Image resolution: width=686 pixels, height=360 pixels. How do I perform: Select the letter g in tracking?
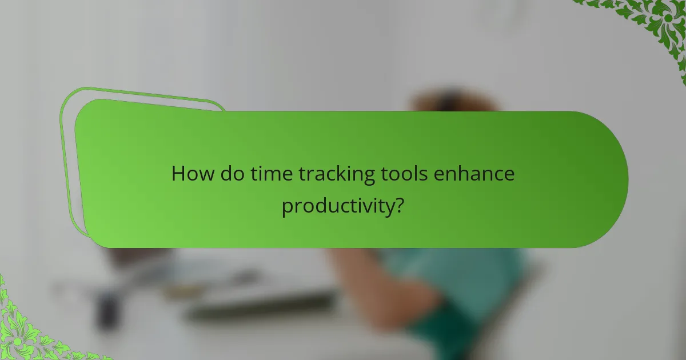369,176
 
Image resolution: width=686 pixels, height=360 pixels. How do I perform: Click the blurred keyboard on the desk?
263,306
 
